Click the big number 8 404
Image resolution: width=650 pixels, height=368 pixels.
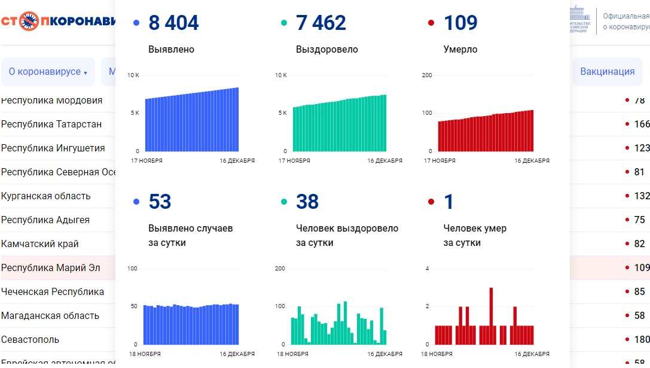coord(173,23)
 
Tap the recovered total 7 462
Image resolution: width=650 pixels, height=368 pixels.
coord(321,23)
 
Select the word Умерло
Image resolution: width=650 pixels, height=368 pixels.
coord(460,50)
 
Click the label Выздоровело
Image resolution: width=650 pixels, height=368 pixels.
coord(326,50)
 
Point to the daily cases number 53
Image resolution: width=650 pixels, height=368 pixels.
coord(160,202)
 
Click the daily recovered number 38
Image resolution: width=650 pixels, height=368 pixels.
coord(307,202)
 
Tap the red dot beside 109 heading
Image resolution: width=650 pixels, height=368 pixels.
coord(431,23)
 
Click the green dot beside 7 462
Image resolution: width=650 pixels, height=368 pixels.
coord(284,23)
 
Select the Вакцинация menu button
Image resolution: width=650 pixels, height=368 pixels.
coord(607,72)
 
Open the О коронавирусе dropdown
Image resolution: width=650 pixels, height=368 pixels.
coord(48,72)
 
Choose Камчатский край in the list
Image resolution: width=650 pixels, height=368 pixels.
coord(40,244)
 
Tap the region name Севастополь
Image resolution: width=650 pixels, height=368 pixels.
coord(30,339)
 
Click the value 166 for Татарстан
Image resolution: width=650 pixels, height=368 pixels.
coord(642,124)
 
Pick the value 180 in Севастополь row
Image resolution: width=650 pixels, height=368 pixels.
coord(642,339)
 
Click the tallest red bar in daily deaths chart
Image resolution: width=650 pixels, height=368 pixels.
coord(491,316)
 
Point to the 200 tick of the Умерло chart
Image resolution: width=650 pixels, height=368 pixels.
coord(427,75)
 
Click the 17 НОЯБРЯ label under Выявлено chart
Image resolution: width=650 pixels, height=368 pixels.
coord(146,160)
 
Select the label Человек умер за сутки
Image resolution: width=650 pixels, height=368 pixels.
coord(475,235)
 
